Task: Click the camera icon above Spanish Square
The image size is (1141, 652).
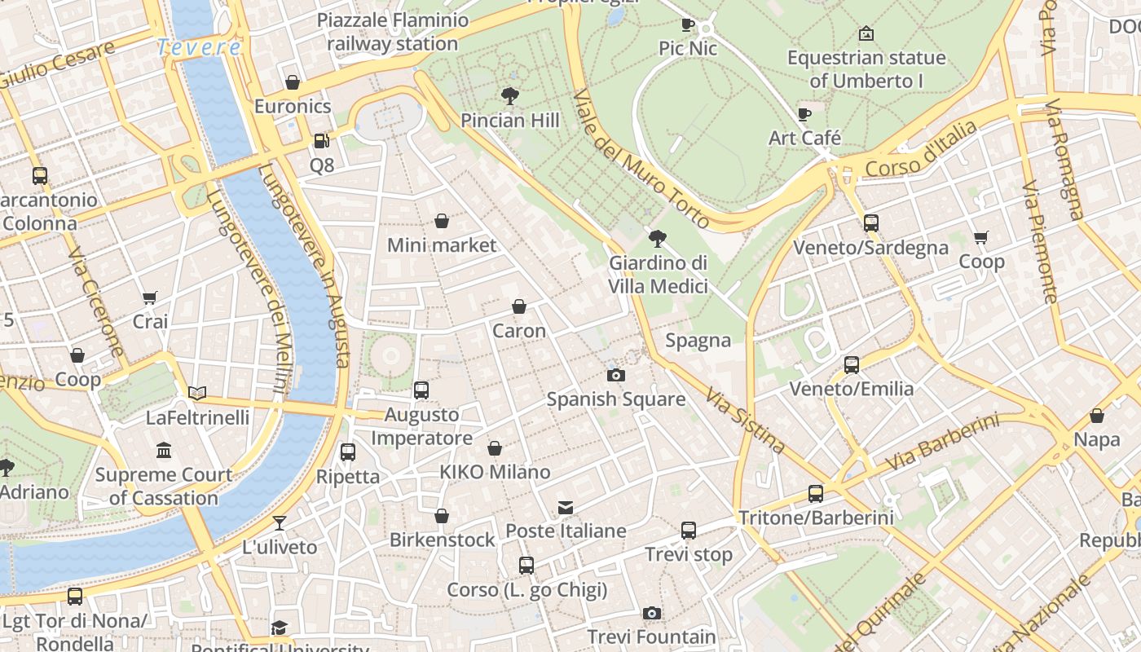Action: click(616, 375)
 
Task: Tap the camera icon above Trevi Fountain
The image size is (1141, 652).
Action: click(651, 613)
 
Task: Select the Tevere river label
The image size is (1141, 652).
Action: click(199, 47)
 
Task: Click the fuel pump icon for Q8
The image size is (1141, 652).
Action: click(322, 141)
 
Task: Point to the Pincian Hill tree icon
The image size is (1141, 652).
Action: click(510, 96)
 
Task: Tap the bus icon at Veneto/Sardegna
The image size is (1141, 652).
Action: click(870, 223)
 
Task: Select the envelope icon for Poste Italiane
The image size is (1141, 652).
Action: click(566, 508)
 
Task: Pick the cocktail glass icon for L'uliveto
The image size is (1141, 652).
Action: click(280, 522)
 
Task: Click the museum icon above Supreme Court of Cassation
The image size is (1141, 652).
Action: click(164, 450)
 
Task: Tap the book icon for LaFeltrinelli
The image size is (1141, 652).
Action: click(197, 393)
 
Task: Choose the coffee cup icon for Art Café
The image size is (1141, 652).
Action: click(804, 114)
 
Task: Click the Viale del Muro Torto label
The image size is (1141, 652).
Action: click(641, 159)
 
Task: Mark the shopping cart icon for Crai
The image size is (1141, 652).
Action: click(149, 298)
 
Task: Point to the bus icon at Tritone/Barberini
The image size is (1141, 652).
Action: click(816, 493)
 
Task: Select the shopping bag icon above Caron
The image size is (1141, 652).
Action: click(519, 306)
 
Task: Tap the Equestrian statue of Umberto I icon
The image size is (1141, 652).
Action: click(866, 34)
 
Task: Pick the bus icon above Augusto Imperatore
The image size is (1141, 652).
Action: click(421, 390)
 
